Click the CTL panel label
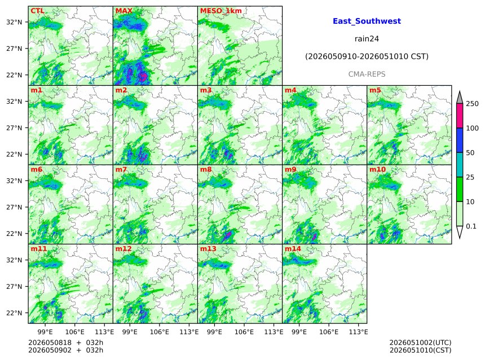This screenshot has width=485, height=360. (x=37, y=11)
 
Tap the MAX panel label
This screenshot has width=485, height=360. (x=124, y=11)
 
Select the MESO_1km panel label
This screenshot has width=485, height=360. (x=221, y=11)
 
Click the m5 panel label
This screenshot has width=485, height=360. (x=375, y=90)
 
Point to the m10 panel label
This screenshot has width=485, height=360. (x=377, y=169)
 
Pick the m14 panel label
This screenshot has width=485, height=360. (x=293, y=249)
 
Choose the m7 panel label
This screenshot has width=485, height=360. (x=121, y=169)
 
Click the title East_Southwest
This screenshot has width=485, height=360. (x=367, y=21)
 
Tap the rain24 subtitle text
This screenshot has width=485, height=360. (x=367, y=39)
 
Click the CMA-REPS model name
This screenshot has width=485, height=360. (x=367, y=74)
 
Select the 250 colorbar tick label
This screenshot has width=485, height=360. (x=473, y=104)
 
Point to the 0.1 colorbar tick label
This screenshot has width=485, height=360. (x=471, y=226)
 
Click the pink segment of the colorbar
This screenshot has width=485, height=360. (x=460, y=116)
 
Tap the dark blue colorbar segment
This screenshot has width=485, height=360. (x=460, y=141)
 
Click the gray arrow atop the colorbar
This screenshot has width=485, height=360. (x=460, y=98)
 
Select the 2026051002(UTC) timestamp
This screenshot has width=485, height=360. (x=420, y=343)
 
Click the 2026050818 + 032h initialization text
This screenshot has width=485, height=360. (x=65, y=343)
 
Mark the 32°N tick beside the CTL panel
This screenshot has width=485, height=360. (x=14, y=22)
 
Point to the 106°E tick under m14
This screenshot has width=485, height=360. (x=328, y=332)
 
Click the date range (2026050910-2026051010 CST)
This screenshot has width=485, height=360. (x=367, y=56)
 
